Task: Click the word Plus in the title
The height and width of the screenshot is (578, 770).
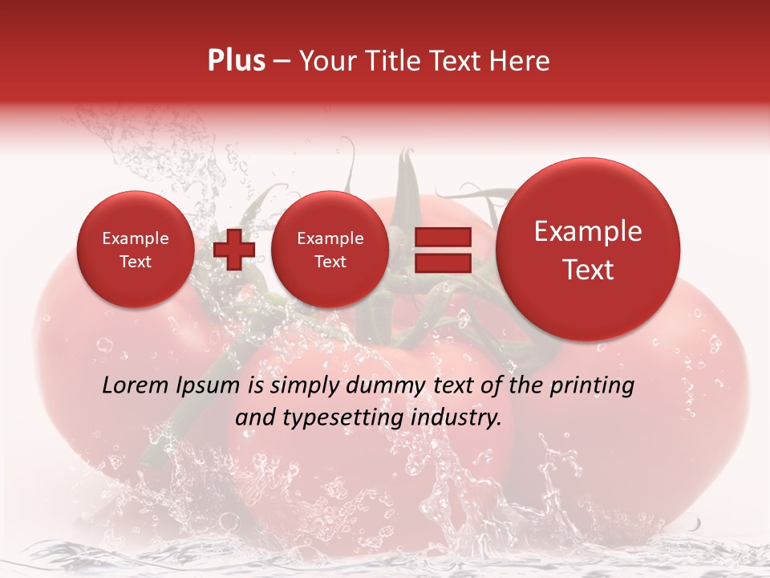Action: tap(237, 61)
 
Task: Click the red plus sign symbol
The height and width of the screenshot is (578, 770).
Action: tap(234, 250)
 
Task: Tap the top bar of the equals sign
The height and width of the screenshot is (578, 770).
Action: tap(442, 237)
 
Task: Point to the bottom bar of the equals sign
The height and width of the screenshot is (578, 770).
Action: tap(442, 263)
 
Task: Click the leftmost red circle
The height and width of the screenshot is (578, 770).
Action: tap(135, 250)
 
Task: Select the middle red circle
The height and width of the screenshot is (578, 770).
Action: tap(330, 250)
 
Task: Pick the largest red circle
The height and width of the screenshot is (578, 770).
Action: tap(588, 250)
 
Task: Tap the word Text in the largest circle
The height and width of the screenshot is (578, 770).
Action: tap(588, 270)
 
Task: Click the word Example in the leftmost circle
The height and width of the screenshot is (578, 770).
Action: tap(135, 238)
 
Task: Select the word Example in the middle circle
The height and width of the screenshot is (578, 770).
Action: tap(330, 238)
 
